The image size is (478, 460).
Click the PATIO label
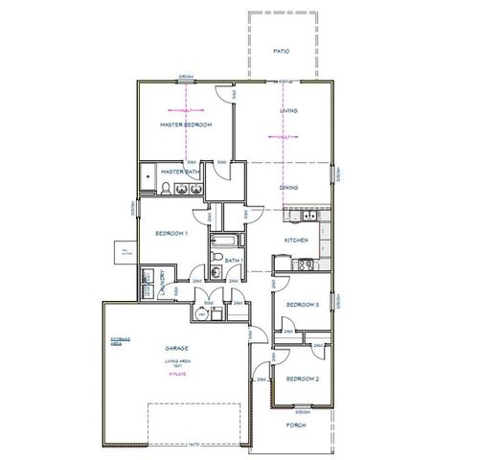tap(281, 51)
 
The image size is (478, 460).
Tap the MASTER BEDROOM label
tap(185, 126)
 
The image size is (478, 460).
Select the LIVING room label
tap(288, 111)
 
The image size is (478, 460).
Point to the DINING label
tap(288, 188)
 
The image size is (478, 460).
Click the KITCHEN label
tap(295, 240)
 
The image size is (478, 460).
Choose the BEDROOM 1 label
tap(172, 233)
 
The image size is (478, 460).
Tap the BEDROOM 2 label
tap(303, 379)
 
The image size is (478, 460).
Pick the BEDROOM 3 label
tap(303, 304)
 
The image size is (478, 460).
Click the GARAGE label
tap(175, 348)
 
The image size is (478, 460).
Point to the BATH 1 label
tap(235, 260)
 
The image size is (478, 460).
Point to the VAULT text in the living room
tap(284, 137)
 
